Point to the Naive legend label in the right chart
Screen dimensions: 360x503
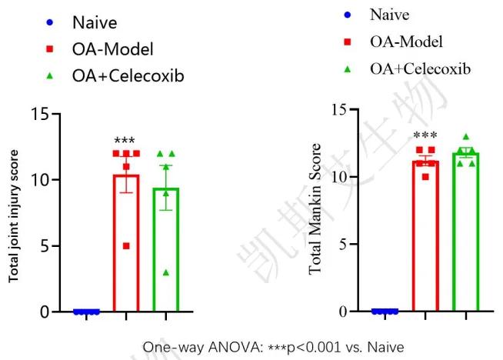point(389,15)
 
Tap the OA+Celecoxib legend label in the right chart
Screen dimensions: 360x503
point(420,69)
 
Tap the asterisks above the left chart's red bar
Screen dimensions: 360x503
point(124,141)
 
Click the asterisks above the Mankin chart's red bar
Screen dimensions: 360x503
point(425,136)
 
